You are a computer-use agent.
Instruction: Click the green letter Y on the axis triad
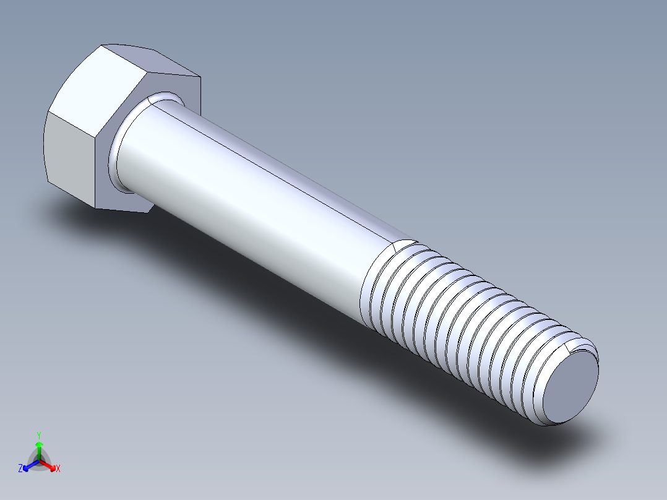pyautogui.click(x=39, y=434)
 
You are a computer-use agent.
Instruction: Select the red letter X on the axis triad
pyautogui.click(x=58, y=468)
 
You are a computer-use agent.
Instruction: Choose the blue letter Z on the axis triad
pyautogui.click(x=20, y=468)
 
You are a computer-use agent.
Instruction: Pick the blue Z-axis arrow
pyautogui.click(x=28, y=465)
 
